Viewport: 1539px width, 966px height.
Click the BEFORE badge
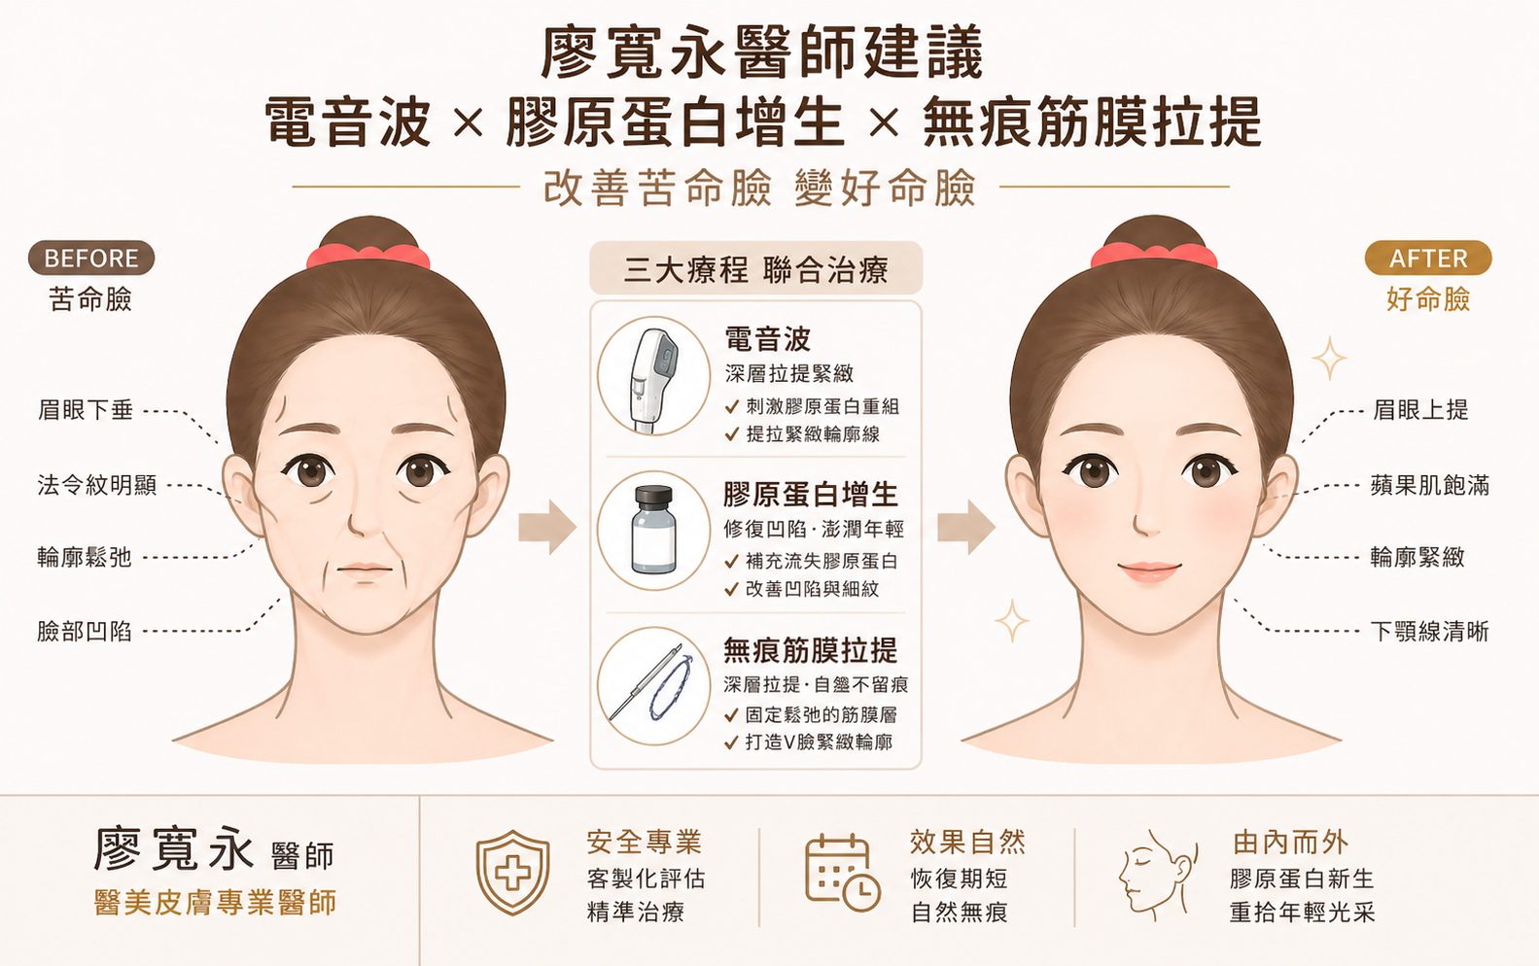pyautogui.click(x=91, y=259)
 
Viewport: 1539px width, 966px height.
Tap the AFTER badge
pyautogui.click(x=1428, y=259)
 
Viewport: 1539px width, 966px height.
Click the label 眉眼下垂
pyautogui.click(x=86, y=410)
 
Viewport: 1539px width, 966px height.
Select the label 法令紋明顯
pyautogui.click(x=97, y=485)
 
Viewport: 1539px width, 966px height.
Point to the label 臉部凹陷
pyautogui.click(x=84, y=631)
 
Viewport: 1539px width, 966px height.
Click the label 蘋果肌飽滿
pyautogui.click(x=1430, y=485)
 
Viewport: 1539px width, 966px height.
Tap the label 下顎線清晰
pyautogui.click(x=1430, y=631)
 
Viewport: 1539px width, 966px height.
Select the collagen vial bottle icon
pyautogui.click(x=653, y=530)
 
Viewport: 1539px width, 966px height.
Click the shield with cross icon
pyautogui.click(x=512, y=873)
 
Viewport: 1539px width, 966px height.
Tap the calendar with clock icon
pyautogui.click(x=842, y=873)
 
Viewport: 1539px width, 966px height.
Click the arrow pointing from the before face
pyautogui.click(x=547, y=528)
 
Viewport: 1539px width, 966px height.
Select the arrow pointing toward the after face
pyautogui.click(x=966, y=528)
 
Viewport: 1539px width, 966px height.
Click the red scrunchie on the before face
pyautogui.click(x=368, y=258)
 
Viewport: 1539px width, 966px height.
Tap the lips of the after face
pyautogui.click(x=1149, y=571)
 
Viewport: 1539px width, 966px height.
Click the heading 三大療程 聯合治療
pyautogui.click(x=755, y=270)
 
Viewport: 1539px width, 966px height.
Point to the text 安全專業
pyautogui.click(x=644, y=843)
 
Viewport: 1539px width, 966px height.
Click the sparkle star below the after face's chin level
pyautogui.click(x=1012, y=621)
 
